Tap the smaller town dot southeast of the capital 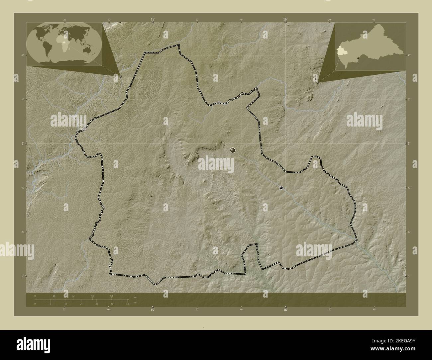click(281, 188)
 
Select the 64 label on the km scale click(112, 296)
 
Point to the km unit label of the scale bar click(135, 298)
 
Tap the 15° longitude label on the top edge click(153, 20)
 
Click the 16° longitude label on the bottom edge click(285, 310)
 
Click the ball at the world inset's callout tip click(120, 76)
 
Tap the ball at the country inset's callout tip click(318, 81)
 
